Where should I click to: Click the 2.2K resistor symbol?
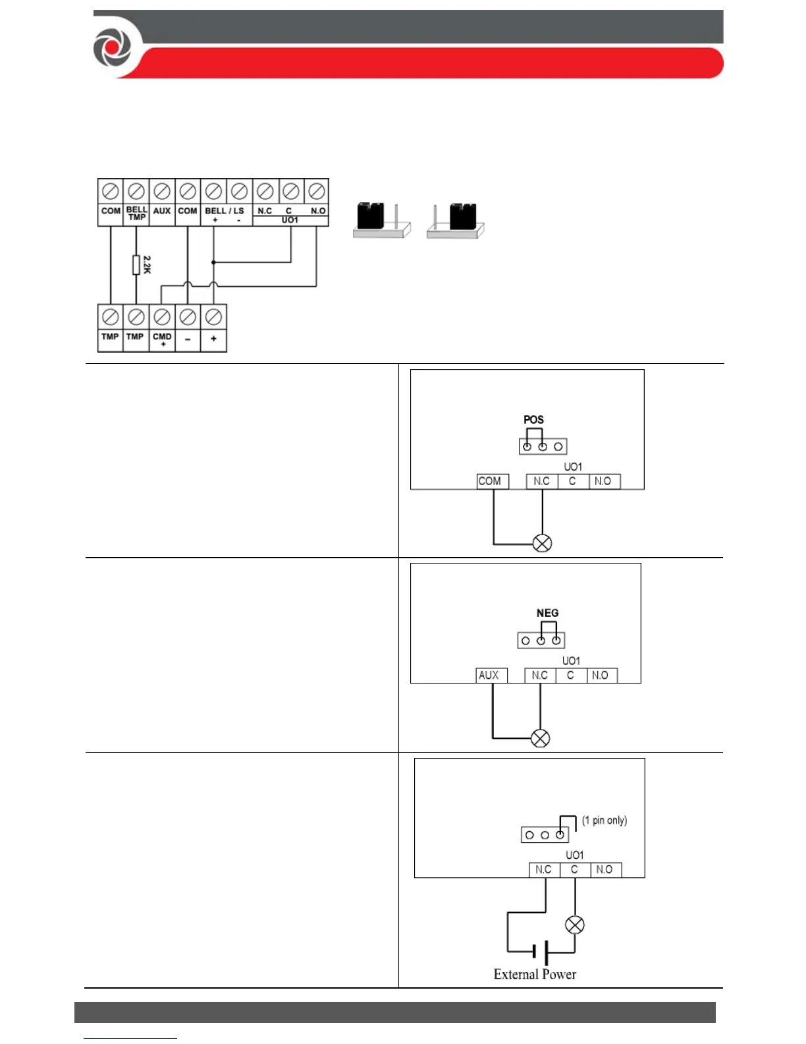136,265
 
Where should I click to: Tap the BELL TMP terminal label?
136,213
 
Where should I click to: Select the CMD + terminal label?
162,339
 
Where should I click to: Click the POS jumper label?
533,420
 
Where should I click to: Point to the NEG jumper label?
547,613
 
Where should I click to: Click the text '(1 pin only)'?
604,821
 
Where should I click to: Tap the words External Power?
535,974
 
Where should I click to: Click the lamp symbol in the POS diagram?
542,543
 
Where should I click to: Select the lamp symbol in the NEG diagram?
540,738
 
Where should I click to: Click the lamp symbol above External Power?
575,925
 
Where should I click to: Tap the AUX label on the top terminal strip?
162,211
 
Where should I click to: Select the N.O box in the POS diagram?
603,481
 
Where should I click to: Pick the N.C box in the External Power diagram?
544,870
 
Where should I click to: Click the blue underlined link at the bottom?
130,1037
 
